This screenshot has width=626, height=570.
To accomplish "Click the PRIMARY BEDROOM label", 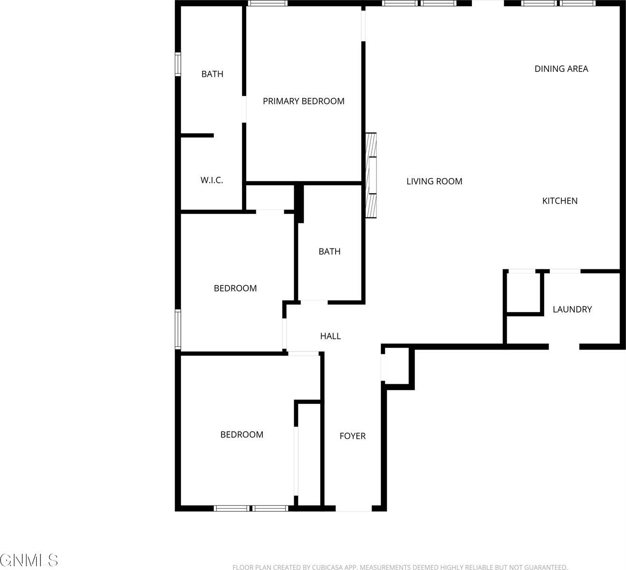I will click(x=303, y=101).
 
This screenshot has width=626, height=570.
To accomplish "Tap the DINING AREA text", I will click(x=561, y=69).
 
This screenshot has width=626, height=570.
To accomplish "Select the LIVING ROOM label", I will click(x=434, y=181).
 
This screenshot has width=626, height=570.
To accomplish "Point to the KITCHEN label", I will click(x=559, y=201).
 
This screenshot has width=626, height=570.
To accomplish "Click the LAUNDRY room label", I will click(x=572, y=310).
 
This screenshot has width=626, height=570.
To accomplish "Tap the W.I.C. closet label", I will click(x=212, y=180).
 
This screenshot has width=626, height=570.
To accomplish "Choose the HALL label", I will click(x=330, y=336).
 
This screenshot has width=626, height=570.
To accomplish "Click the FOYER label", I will click(x=352, y=436).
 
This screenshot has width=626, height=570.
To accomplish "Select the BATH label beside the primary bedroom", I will click(x=212, y=74).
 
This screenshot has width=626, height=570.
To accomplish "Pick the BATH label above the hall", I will click(x=329, y=252).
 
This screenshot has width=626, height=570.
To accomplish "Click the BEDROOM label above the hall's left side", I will click(x=235, y=288).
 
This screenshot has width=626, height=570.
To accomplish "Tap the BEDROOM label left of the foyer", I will click(x=241, y=435).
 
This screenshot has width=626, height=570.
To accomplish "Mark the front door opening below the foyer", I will click(x=354, y=509).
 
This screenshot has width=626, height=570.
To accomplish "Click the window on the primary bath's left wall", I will click(x=178, y=64).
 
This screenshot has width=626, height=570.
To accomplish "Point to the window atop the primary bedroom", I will click(x=268, y=3).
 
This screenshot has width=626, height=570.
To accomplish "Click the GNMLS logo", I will click(x=29, y=560).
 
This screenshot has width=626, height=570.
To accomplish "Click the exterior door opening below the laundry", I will click(x=564, y=347).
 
